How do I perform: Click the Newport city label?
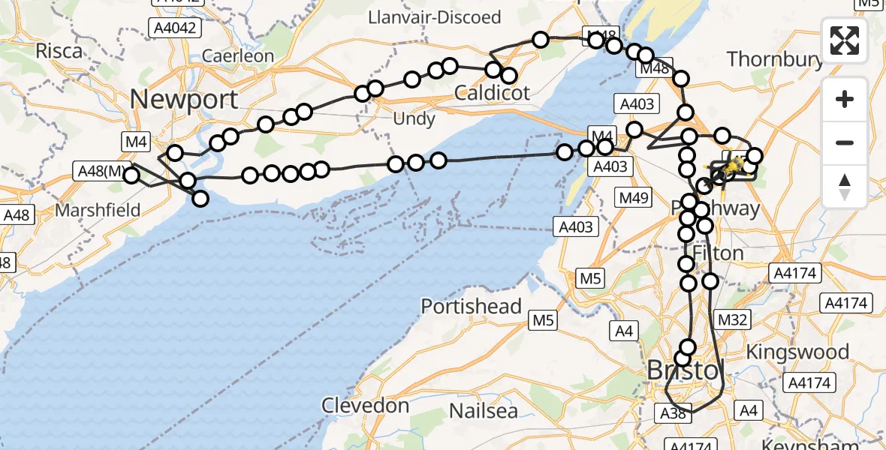[x=185, y=99]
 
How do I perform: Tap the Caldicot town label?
[x=493, y=94]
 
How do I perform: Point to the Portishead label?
[x=471, y=306]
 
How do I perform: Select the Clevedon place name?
[x=366, y=406]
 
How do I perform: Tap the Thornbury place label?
[x=775, y=58]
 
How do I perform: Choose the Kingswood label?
[x=809, y=352]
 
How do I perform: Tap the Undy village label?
[x=414, y=118]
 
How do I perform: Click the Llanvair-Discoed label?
[x=435, y=16]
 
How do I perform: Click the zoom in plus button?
[x=845, y=99]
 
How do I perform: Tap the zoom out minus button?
[x=845, y=142]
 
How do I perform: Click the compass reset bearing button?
[x=845, y=186]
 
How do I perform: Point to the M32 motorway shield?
[x=733, y=320]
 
